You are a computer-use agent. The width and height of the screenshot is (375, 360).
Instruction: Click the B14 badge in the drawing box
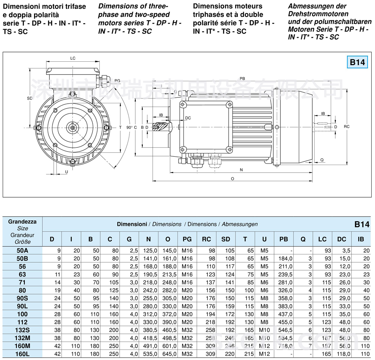pyautogui.click(x=357, y=62)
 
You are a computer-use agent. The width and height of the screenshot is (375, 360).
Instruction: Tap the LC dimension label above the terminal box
pyautogui.click(x=73, y=58)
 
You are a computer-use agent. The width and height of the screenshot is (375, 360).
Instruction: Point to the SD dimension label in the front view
pyautogui.click(x=30, y=98)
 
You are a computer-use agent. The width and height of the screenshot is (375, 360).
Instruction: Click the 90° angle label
pyautogui.click(x=129, y=128)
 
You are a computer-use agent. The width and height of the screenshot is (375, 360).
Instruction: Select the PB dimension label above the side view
pyautogui.click(x=242, y=79)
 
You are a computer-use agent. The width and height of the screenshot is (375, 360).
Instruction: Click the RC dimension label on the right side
pyautogui.click(x=346, y=127)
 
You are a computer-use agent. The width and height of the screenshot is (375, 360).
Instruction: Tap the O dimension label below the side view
pyautogui.click(x=232, y=179)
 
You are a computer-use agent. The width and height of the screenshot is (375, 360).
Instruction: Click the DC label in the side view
pyautogui.click(x=188, y=118)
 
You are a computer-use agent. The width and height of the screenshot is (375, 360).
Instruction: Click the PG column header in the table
pyautogui.click(x=187, y=239)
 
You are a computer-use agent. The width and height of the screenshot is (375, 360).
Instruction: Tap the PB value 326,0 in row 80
pyautogui.click(x=285, y=290)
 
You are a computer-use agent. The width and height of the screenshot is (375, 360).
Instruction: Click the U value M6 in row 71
pyautogui.click(x=264, y=282)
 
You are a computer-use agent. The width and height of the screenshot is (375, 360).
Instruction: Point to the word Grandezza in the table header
pyautogui.click(x=22, y=222)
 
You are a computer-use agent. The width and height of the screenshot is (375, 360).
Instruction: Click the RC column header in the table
pyautogui.click(x=206, y=239)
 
